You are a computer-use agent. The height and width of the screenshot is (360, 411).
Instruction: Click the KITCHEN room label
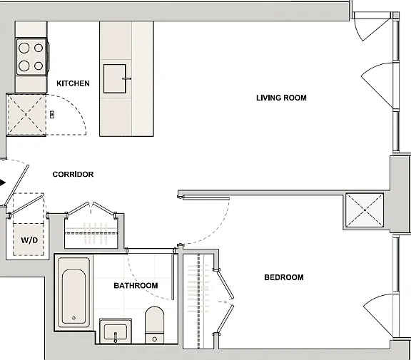(73, 83)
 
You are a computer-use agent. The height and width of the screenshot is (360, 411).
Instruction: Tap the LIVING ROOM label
(281, 98)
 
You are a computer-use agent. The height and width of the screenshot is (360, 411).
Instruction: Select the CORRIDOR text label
(73, 175)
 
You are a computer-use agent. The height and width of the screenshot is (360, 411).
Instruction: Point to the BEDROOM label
(284, 277)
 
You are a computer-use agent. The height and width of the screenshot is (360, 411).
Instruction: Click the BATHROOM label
(136, 285)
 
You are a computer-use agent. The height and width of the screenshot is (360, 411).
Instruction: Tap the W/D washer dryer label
(29, 240)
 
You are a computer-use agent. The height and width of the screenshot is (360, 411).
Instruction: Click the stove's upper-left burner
(24, 48)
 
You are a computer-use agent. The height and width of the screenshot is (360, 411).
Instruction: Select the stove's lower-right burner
(39, 66)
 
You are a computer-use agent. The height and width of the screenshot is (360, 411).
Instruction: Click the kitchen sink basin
(115, 79)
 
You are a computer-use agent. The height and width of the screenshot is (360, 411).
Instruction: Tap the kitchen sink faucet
(127, 78)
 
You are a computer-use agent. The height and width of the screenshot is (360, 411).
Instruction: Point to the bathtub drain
(73, 318)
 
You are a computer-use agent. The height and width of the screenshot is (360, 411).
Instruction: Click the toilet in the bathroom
(154, 325)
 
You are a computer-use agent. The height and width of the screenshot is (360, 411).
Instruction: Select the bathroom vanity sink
(116, 331)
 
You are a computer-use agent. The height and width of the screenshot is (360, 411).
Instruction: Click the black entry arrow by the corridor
(3, 182)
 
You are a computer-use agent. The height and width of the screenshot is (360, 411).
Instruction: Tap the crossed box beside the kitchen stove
(26, 115)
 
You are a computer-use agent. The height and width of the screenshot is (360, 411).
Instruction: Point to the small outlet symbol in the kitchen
(52, 114)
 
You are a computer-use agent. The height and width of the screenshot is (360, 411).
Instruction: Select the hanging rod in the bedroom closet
(198, 301)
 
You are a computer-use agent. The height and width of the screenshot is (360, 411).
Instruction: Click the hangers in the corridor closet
(95, 232)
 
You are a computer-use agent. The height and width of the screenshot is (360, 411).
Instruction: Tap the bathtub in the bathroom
(73, 293)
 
